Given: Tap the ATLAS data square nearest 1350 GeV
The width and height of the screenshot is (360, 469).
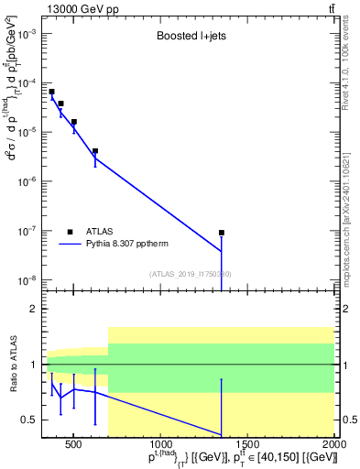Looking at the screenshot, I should click(x=222, y=233).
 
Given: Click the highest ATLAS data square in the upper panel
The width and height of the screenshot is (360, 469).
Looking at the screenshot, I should click(x=52, y=92).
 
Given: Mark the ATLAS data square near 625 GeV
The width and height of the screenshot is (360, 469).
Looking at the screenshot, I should click(x=95, y=151).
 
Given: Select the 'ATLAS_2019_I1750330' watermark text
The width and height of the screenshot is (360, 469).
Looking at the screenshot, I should click(x=190, y=275).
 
